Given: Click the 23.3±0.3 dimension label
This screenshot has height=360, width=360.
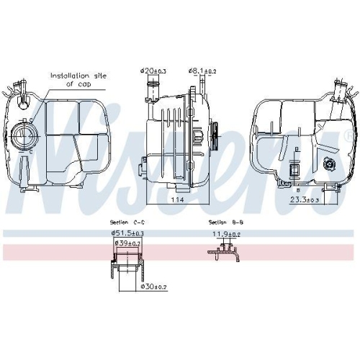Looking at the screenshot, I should click(305, 200).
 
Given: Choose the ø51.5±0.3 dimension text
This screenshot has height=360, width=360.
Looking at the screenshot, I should click(127, 233).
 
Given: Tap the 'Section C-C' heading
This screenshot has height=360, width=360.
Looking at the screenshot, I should click(122, 222).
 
